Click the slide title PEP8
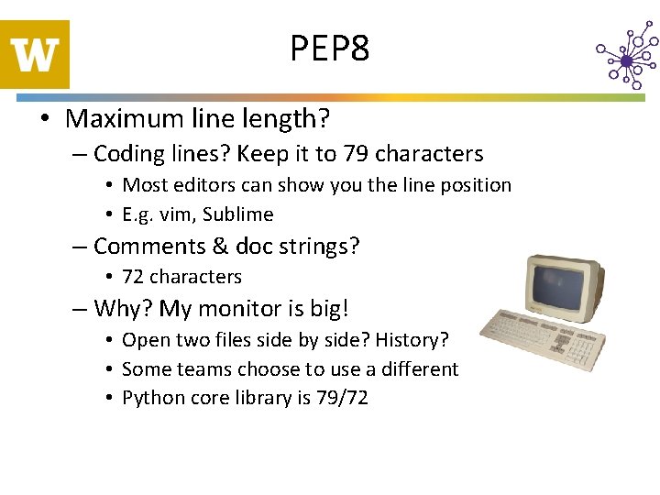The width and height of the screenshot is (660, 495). point(330,48)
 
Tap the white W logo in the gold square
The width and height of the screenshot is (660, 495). point(36,55)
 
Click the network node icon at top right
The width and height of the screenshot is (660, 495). point(627,60)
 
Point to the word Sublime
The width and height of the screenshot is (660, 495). point(238,214)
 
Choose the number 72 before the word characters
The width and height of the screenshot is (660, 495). point(133,277)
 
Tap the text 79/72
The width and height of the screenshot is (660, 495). point(342,399)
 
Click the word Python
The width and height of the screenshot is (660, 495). point(151,399)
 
